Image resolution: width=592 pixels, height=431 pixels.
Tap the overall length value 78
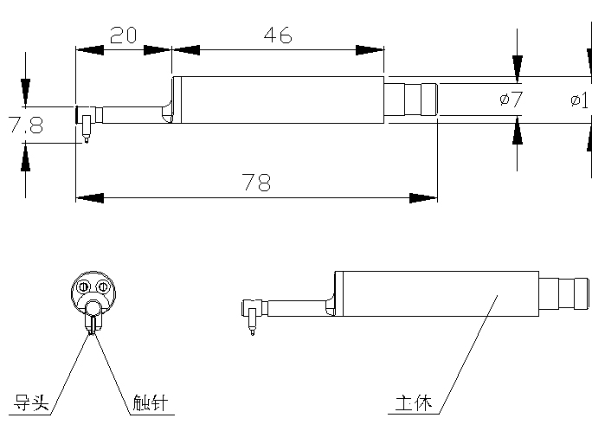tap(256, 183)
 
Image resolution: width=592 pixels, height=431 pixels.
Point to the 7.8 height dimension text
tap(25, 125)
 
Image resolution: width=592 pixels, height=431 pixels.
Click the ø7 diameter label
tap(511, 100)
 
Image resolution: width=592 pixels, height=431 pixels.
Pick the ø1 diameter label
tap(581, 100)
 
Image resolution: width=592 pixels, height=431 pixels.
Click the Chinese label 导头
tap(33, 403)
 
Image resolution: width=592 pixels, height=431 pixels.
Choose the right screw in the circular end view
tap(102, 286)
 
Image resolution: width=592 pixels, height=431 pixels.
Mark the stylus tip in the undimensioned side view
tap(252, 331)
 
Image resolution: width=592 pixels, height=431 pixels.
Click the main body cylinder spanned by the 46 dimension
tap(277, 100)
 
